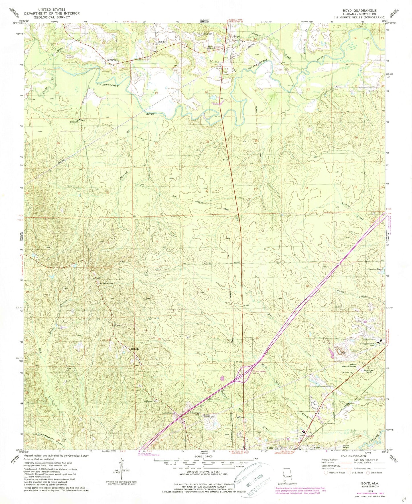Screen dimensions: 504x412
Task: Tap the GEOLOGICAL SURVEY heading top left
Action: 52,17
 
